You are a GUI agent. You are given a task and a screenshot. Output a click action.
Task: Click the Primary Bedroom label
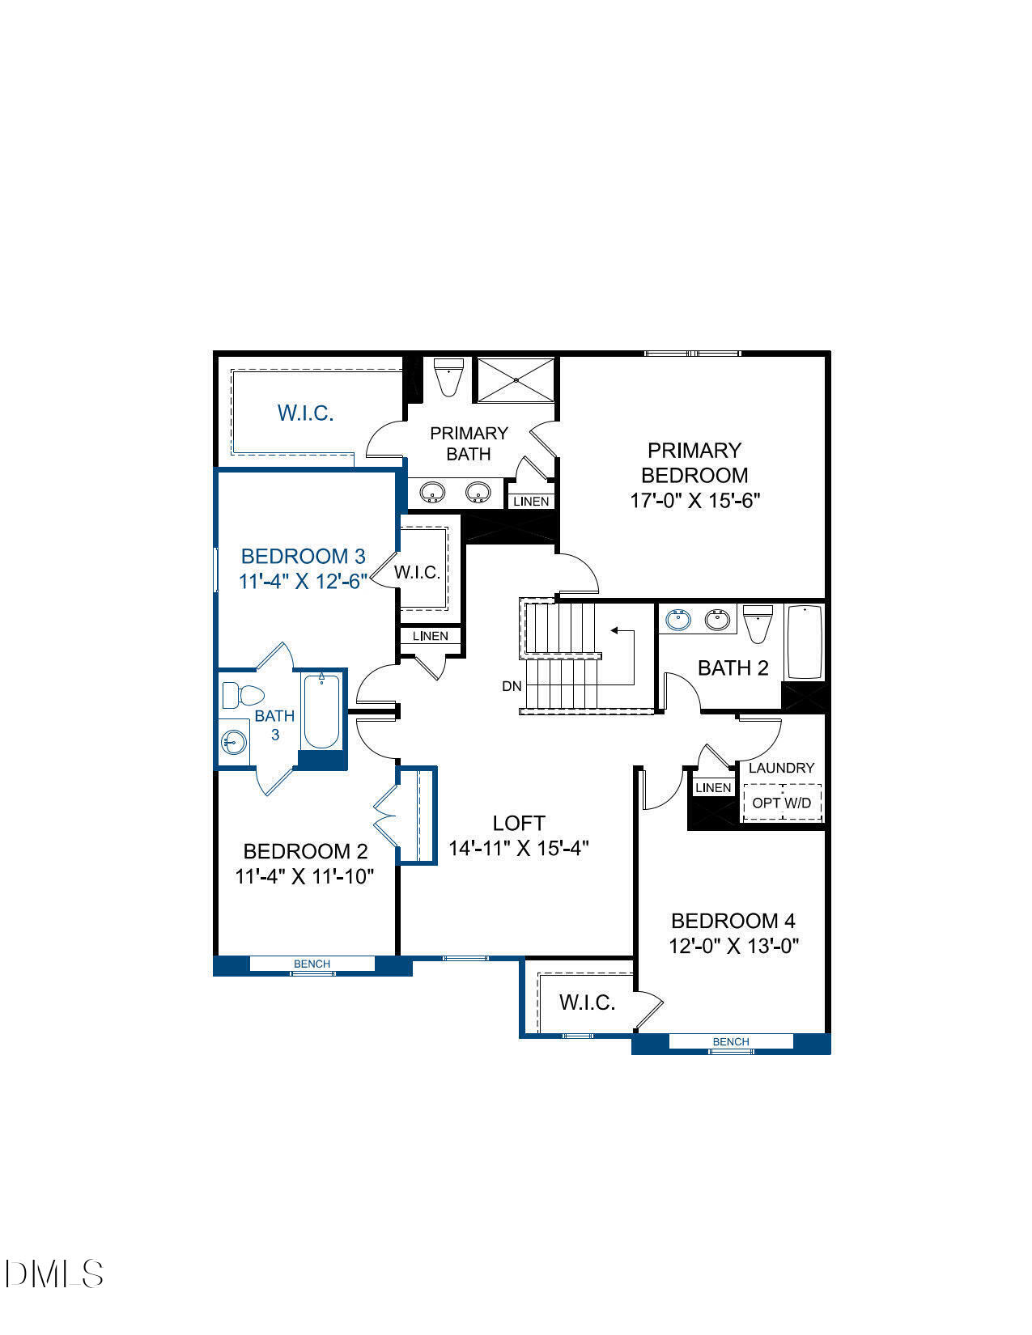pos(694,462)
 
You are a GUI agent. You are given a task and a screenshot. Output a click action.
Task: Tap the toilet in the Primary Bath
pos(447,377)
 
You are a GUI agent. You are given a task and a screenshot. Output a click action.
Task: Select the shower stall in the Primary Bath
pos(516,379)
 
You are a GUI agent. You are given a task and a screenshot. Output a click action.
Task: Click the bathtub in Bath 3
pos(321,712)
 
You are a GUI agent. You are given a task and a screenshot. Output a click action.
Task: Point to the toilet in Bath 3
pos(243,694)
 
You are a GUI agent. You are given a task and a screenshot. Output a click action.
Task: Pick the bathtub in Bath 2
pos(805,642)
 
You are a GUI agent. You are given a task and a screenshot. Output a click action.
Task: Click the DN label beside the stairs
pos(512,686)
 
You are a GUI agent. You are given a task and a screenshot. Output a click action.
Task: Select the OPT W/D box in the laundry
pos(782,803)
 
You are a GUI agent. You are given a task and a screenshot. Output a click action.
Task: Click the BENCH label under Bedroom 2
pos(312,964)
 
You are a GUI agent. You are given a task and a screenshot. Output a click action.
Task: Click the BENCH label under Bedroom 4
pos(731,1041)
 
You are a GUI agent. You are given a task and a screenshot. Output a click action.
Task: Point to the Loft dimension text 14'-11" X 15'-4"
pos(519,848)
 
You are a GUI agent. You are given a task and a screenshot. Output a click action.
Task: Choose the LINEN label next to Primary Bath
pos(531,502)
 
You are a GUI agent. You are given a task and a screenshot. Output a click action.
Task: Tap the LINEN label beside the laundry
pos(713,787)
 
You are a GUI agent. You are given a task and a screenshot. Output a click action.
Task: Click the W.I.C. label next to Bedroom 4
pos(587,1002)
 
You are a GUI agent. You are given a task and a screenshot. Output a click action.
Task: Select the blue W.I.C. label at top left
pos(305,413)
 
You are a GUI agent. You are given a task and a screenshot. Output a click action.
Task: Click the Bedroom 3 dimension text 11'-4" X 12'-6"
pos(303,581)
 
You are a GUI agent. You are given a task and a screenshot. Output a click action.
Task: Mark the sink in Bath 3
pos(234,741)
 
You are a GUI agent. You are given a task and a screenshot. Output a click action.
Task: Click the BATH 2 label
pos(733,667)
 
